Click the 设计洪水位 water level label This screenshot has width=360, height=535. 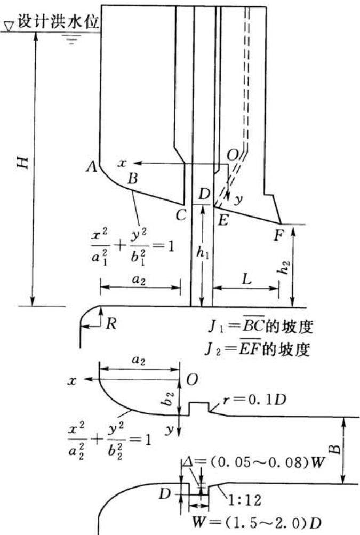point(58,21)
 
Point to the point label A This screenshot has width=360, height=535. point(91,167)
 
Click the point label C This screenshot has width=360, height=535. point(181,215)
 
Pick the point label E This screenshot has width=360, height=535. point(222,221)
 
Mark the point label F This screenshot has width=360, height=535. point(278,236)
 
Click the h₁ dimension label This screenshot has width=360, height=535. point(203,253)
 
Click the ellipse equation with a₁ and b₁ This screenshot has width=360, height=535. point(132,246)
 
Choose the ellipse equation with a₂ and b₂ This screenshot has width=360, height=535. point(109,440)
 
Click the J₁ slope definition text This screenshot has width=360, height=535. point(261,326)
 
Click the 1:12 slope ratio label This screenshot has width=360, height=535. point(244,500)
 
